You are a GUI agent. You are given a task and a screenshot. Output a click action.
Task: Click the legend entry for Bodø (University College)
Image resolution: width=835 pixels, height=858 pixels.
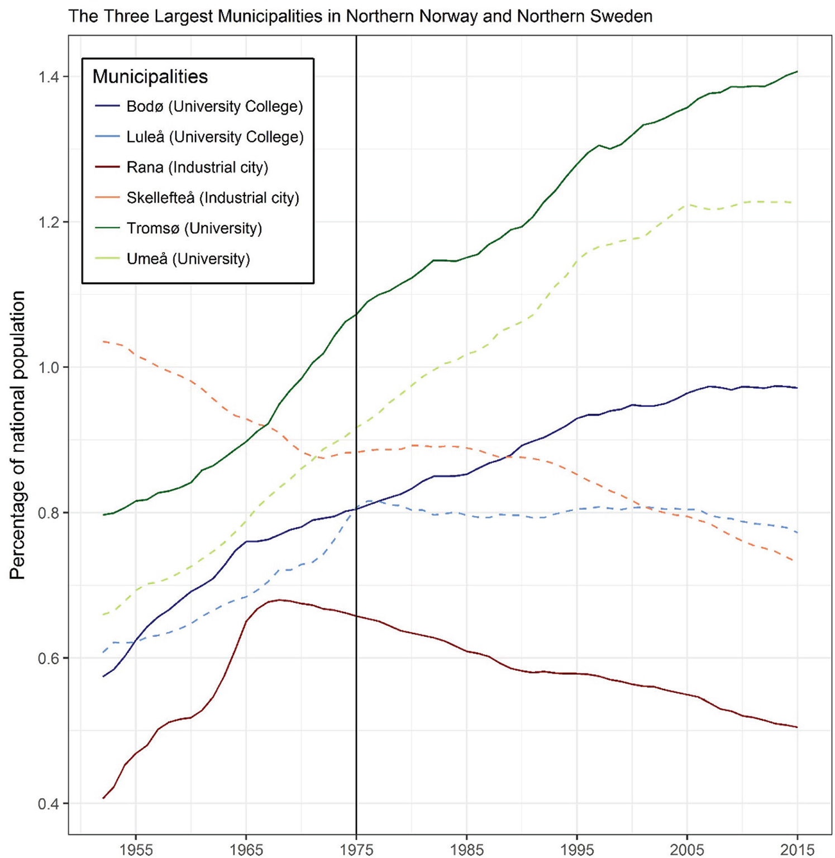(x=214, y=107)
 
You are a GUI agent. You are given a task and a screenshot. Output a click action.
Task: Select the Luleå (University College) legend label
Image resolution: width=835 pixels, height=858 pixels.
(x=215, y=137)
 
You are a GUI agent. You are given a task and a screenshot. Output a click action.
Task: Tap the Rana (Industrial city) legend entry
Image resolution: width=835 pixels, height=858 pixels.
(x=197, y=168)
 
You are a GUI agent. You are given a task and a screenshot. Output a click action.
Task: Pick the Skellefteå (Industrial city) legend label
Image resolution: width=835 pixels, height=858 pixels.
(x=213, y=198)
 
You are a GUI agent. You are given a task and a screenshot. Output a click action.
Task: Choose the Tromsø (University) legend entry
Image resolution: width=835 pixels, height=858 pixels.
(x=194, y=228)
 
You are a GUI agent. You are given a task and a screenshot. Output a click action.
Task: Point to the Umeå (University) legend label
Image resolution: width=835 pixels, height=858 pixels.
(x=188, y=259)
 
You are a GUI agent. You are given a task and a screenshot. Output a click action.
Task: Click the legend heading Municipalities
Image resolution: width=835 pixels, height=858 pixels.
(x=150, y=77)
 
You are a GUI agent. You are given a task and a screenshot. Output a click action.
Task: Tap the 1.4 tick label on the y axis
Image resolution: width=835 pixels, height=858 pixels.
(x=49, y=77)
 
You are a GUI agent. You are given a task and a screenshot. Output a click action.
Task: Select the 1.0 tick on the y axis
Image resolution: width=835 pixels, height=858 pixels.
(x=49, y=368)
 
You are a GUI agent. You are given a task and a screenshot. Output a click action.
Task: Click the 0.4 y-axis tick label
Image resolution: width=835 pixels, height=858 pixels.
(x=49, y=804)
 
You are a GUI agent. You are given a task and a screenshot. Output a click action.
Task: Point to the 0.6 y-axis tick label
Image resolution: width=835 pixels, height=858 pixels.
(x=49, y=659)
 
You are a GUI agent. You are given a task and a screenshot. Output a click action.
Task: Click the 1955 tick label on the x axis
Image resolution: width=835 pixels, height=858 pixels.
(x=136, y=849)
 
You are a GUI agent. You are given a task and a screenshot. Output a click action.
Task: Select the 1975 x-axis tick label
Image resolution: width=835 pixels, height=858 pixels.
(x=356, y=849)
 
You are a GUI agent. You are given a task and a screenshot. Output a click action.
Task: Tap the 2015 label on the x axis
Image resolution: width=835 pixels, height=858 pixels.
(x=797, y=849)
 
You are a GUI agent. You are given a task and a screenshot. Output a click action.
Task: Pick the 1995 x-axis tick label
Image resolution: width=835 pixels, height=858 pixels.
(x=577, y=849)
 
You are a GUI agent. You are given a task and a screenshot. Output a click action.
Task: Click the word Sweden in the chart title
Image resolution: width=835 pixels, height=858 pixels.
(x=624, y=16)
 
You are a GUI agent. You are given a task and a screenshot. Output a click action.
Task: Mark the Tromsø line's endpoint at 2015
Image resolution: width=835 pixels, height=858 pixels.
(x=797, y=71)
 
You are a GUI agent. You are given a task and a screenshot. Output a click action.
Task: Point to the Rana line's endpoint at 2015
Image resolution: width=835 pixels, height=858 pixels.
(x=797, y=727)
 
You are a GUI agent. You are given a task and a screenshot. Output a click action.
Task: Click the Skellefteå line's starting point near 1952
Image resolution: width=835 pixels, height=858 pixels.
(x=104, y=341)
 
